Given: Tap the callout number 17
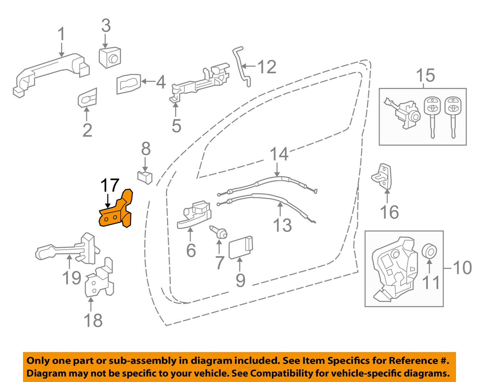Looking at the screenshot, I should tap(110, 186).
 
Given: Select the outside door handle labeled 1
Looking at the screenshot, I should tap(51, 73).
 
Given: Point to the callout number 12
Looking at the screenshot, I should tap(267, 67).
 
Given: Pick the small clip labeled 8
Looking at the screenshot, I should tap(144, 176).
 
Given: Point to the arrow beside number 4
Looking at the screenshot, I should tap(148, 82).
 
